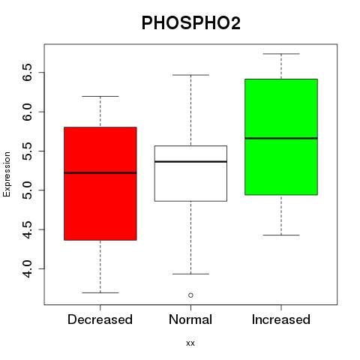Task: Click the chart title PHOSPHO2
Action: point(191,23)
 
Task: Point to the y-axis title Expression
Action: point(7,174)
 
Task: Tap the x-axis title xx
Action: point(190,343)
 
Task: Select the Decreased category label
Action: point(100,319)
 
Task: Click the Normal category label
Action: point(190,319)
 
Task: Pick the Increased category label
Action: point(281,319)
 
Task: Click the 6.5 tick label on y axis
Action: point(27,73)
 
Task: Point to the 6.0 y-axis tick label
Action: point(27,112)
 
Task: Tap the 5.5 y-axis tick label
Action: point(27,151)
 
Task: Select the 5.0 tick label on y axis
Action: point(27,190)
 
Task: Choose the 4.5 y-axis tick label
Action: point(27,229)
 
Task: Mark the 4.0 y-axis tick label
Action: point(27,268)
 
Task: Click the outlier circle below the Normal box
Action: point(190,295)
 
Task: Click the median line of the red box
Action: point(100,172)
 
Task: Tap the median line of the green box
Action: point(281,138)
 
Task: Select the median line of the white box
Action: point(190,162)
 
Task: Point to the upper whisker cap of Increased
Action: point(281,54)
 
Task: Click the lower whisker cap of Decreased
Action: point(100,292)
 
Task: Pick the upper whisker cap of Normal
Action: point(190,75)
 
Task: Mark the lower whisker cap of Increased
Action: point(281,235)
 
